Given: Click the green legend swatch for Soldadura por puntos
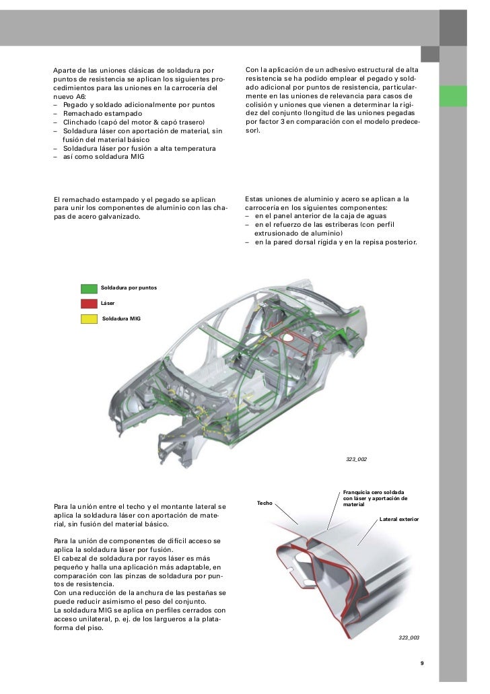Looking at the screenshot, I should (89, 288).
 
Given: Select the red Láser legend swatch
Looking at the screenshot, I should (89, 304).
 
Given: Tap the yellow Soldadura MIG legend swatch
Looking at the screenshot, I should (89, 318).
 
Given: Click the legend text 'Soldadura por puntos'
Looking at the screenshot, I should (129, 287).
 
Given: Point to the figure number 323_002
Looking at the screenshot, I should (357, 459).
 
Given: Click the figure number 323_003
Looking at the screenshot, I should (408, 636).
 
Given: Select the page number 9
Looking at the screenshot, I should (422, 664).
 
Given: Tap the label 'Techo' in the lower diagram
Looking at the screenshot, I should (265, 503).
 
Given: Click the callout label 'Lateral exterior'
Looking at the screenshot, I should (399, 520).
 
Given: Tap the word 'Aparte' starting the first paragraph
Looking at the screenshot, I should (65, 70).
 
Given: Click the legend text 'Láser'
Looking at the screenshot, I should (108, 303).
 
